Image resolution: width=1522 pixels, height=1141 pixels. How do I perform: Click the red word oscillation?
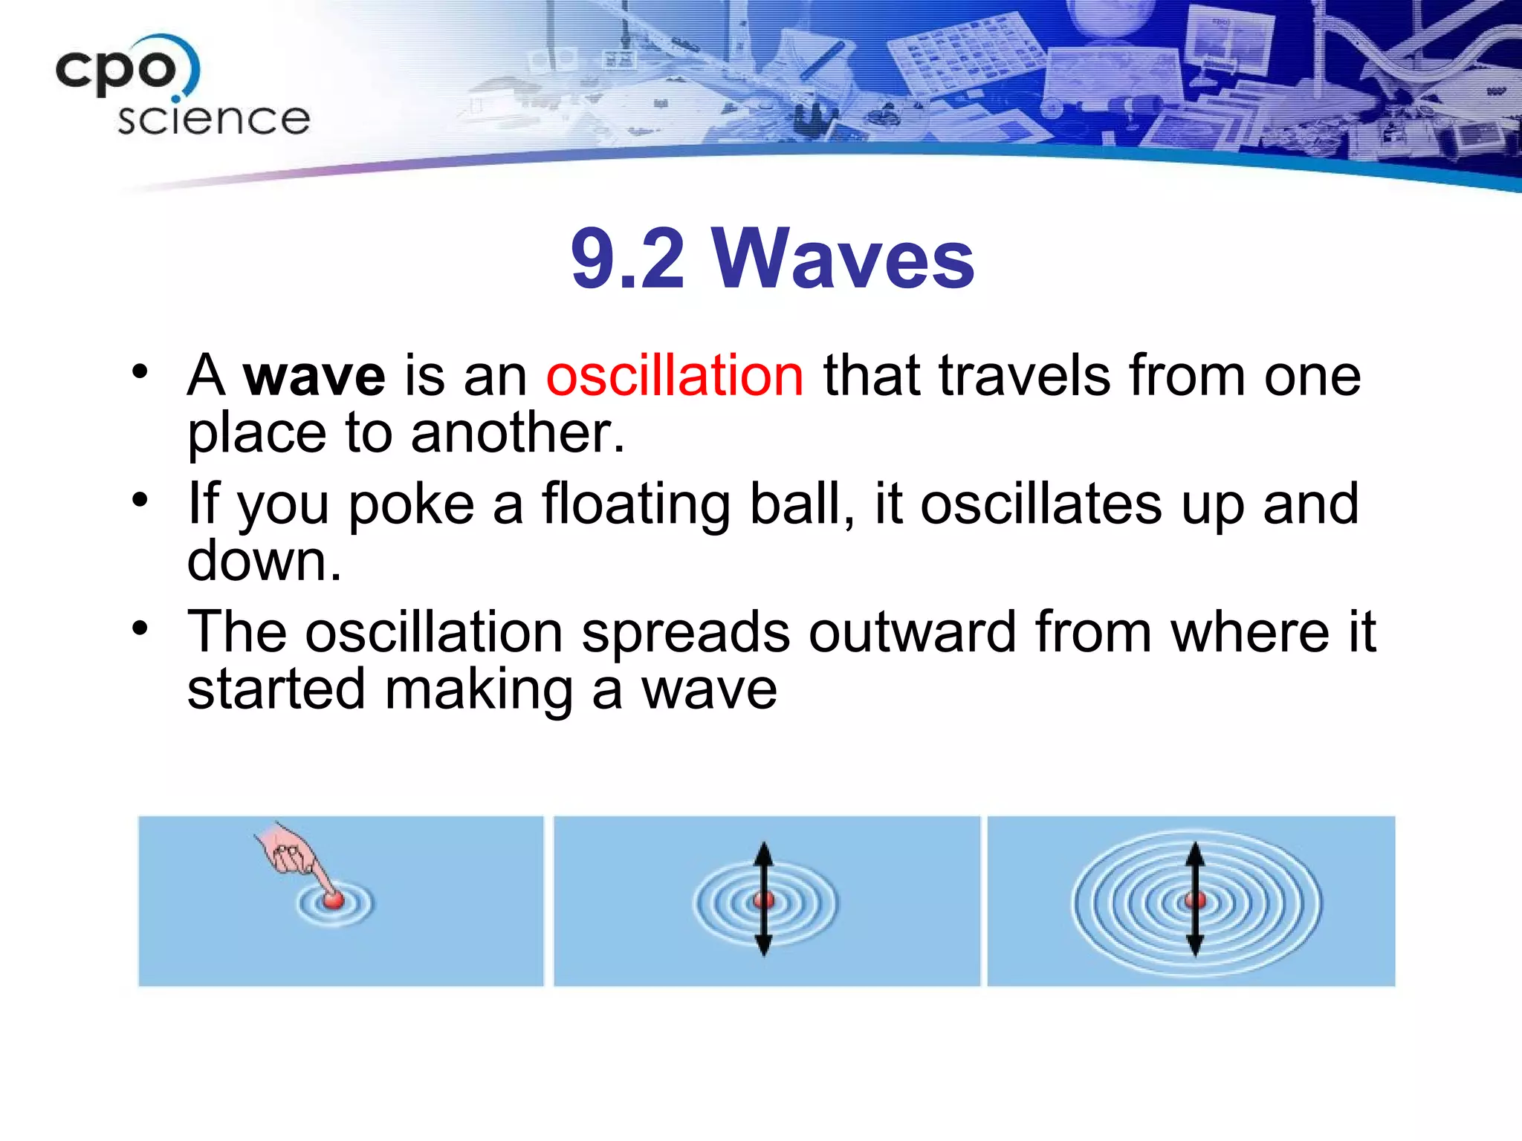(674, 376)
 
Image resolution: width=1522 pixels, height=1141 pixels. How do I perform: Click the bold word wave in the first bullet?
(314, 376)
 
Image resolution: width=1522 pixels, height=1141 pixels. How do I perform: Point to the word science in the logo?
(213, 119)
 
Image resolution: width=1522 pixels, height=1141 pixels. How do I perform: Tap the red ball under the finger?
(334, 900)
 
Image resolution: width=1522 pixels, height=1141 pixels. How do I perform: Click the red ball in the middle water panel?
(763, 900)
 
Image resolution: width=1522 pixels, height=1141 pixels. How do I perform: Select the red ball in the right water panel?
(1194, 900)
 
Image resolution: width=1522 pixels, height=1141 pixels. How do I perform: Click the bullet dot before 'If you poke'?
(140, 500)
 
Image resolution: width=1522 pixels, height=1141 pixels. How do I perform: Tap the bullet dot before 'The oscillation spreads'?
(140, 628)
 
